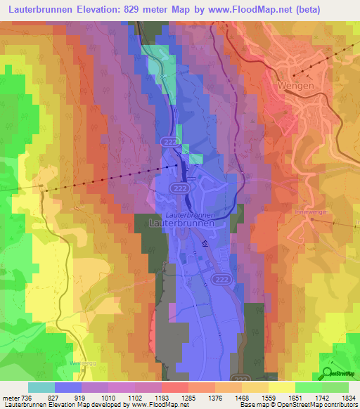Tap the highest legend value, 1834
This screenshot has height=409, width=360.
pos(346,398)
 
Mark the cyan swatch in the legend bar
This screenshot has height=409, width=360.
pos(41,387)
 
